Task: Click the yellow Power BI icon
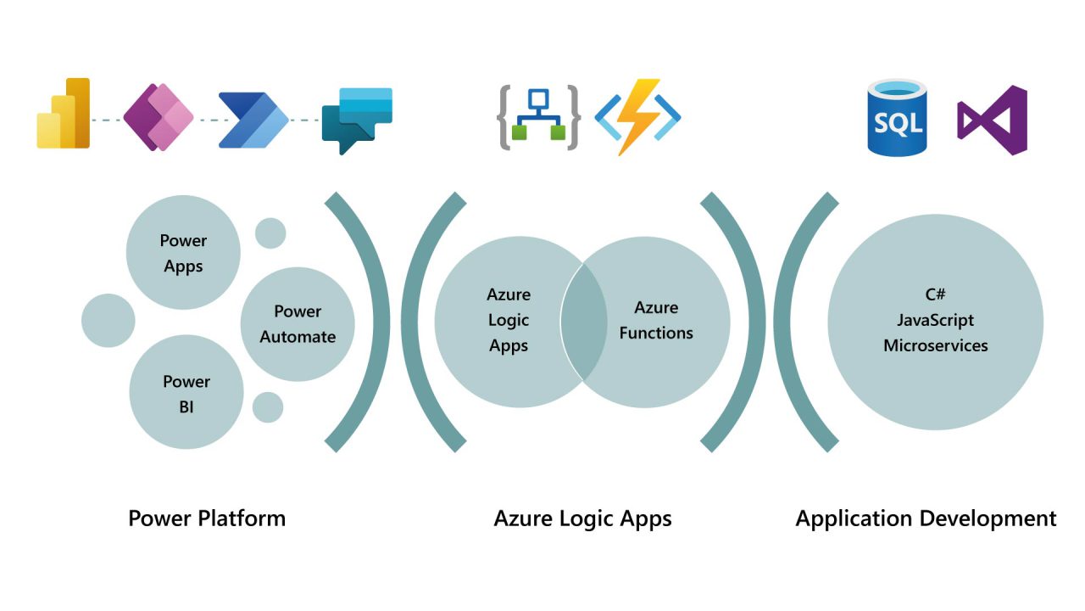[x=64, y=114]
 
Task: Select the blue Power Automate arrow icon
[x=253, y=121]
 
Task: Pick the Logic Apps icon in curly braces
[x=538, y=117]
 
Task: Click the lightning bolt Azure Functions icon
[x=638, y=117]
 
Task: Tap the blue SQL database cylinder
[x=898, y=118]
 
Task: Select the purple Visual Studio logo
[x=993, y=121]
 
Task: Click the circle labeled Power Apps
[x=183, y=253]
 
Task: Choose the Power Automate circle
[x=298, y=324]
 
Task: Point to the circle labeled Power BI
[x=186, y=394]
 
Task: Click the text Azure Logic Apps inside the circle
[x=509, y=320]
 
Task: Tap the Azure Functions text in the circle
[x=656, y=320]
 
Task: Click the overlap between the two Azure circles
[x=583, y=322]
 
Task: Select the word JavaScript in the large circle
[x=936, y=320]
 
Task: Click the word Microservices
[x=936, y=345]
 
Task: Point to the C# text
[x=936, y=294]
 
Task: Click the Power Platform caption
[x=207, y=519]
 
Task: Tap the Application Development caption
[x=926, y=519]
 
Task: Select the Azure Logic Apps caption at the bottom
[x=583, y=519]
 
